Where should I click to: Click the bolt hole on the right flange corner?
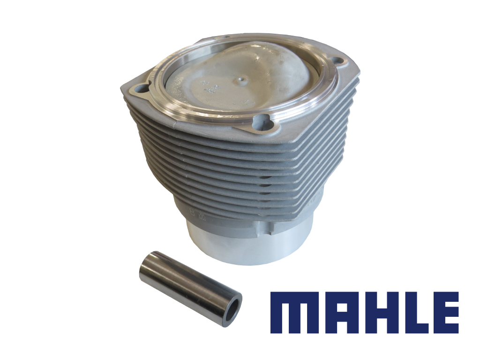pos(337,61)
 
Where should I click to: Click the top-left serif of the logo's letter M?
pos(274,295)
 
